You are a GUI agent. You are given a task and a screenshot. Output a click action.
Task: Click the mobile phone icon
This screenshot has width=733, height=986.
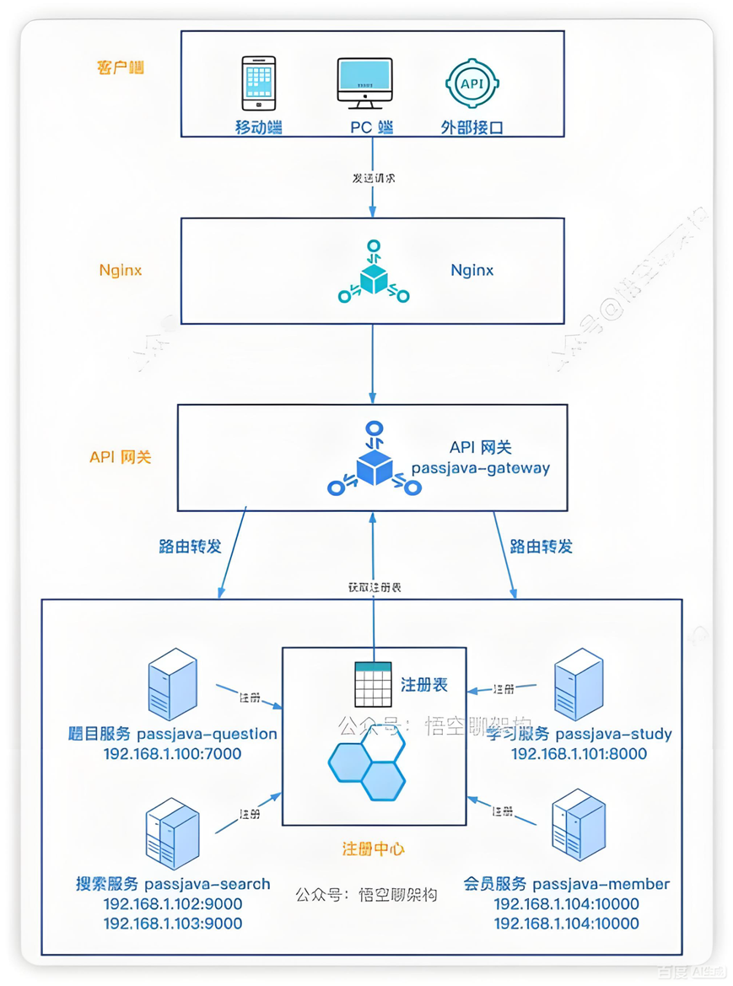click(260, 84)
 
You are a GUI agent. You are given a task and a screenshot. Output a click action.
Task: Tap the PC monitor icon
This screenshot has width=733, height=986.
click(364, 83)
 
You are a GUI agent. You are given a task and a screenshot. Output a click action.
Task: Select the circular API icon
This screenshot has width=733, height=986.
click(471, 84)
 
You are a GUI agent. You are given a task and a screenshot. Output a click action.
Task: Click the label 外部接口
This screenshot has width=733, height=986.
click(472, 128)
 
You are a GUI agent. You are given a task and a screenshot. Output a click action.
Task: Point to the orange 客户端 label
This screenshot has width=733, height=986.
click(121, 67)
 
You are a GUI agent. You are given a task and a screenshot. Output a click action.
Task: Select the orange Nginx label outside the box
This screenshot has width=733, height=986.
click(121, 271)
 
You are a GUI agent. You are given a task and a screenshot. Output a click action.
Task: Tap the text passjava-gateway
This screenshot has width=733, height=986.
click(480, 468)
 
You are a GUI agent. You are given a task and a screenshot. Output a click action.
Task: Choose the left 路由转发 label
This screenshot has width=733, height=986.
click(190, 546)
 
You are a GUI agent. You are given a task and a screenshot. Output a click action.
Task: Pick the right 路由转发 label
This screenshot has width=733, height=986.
click(542, 546)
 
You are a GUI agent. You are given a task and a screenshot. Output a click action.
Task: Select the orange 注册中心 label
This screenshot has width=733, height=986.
click(373, 848)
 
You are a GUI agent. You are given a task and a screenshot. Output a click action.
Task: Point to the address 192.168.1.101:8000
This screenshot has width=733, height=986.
click(579, 754)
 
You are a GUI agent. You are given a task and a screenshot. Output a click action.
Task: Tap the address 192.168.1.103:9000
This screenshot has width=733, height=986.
click(172, 923)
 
